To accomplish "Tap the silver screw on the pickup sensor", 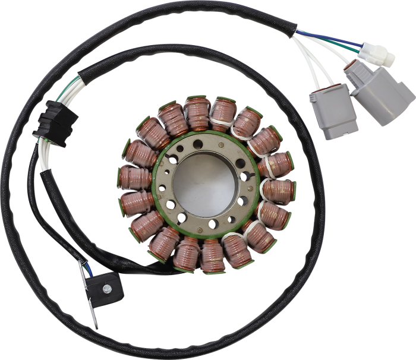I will coord(106,289).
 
